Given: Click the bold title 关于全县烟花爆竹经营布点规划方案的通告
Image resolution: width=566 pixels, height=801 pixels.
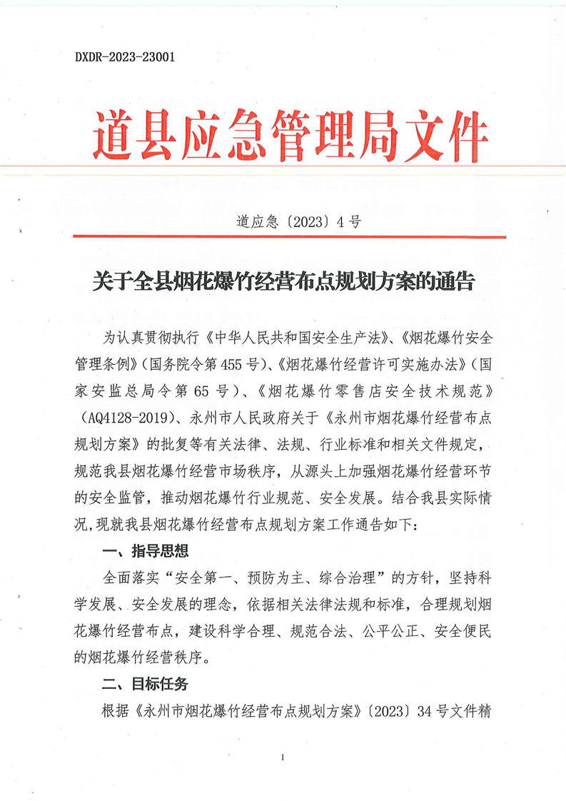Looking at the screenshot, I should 283,281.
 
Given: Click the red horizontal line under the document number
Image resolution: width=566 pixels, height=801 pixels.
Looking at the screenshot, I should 289,236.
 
